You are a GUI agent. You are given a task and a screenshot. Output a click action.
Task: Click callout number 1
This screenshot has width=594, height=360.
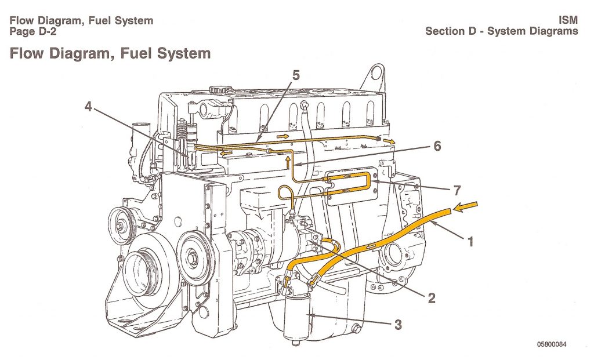[x=470, y=241]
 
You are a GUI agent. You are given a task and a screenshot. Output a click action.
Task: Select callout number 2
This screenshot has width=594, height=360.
[x=431, y=298]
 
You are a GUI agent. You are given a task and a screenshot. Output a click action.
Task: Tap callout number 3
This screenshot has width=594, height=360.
[x=397, y=324]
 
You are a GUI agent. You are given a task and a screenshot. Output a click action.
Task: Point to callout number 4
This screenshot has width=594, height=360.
[x=88, y=107]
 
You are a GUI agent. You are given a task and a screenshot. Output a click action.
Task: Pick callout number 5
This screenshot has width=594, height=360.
[x=296, y=75]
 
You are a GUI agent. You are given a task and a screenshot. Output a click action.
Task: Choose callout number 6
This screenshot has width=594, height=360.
[x=436, y=146]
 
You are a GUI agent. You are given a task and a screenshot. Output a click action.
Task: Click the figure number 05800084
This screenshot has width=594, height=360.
[x=551, y=344]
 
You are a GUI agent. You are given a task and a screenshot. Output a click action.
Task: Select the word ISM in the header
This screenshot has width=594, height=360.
[x=568, y=20]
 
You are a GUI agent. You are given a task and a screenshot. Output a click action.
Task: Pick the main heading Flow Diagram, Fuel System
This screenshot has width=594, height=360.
[x=110, y=54]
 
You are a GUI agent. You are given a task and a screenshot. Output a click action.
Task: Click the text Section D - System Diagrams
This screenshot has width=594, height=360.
[x=501, y=31]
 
